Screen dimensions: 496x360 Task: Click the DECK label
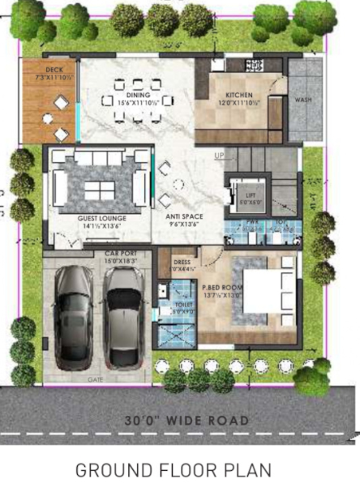coord(54,71)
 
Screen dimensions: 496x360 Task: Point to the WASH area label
coord(302,100)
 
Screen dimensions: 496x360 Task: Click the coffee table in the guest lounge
coord(100,189)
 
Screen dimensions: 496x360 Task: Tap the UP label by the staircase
coord(219,155)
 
